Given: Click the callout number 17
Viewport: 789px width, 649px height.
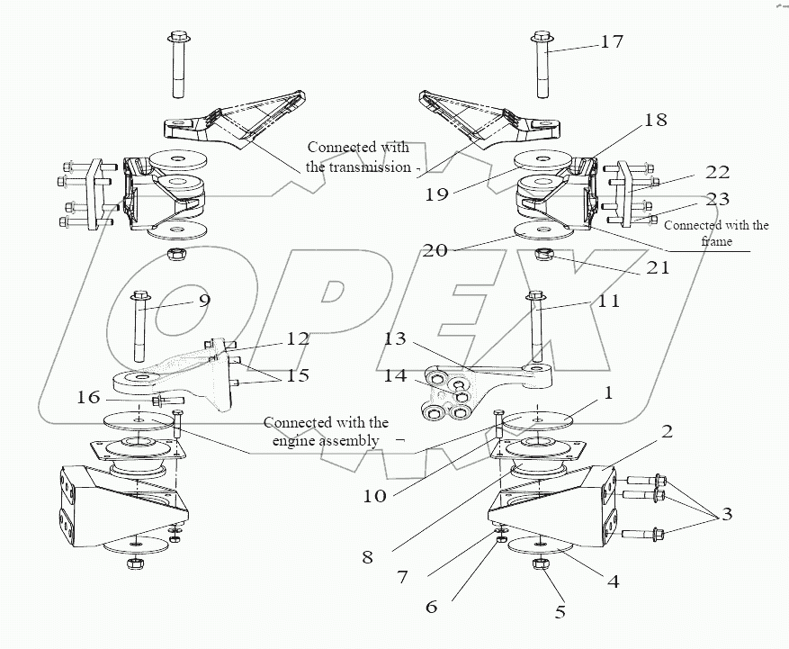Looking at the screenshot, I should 612,41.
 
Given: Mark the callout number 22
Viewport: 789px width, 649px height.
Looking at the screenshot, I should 717,172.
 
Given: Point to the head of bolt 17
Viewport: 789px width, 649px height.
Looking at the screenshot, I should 542,37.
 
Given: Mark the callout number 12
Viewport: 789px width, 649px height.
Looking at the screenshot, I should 298,338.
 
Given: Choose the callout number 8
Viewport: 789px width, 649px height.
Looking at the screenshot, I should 367,557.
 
